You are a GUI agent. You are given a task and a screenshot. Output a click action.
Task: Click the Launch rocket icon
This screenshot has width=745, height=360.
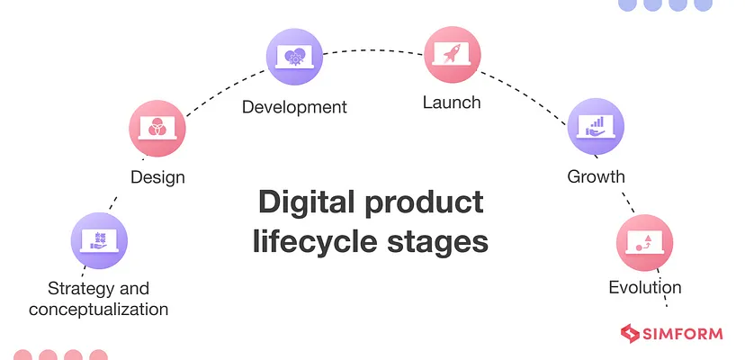452,55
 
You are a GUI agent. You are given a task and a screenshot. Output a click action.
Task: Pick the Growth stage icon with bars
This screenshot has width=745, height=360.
597,125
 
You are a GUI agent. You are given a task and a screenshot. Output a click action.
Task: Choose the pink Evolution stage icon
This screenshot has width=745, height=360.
644,242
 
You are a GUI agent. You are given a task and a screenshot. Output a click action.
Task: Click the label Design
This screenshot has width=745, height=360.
157,177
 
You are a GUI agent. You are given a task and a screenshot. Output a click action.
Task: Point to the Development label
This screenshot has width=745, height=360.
294,107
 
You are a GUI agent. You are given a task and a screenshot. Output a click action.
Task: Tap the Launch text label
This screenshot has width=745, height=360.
452,103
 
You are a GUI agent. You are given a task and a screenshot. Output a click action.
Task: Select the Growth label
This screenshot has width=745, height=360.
596,175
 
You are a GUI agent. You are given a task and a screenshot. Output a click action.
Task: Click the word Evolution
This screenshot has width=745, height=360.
645,289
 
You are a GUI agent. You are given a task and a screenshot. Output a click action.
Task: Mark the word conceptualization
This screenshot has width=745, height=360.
99,310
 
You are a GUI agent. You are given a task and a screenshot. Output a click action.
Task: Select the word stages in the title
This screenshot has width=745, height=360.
437,241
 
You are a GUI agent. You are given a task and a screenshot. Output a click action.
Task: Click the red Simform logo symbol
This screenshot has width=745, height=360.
629,334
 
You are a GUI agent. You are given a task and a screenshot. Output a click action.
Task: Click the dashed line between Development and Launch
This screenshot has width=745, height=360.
373,50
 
